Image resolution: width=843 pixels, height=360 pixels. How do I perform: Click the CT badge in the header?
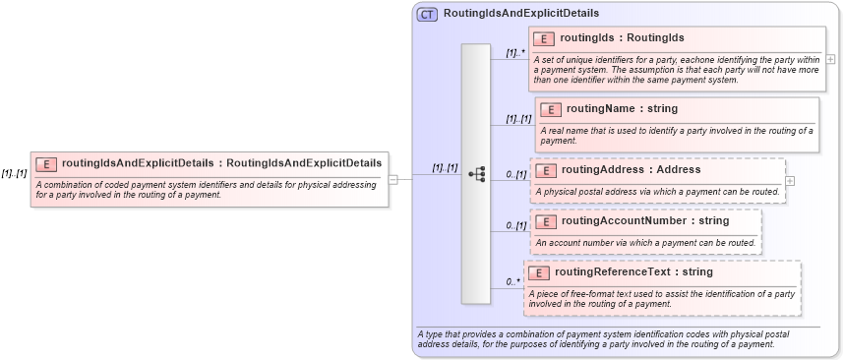pyautogui.click(x=427, y=14)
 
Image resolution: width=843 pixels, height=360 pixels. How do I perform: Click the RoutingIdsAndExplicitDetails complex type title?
pyautogui.click(x=520, y=14)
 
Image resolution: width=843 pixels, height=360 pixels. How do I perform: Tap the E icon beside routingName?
pyautogui.click(x=550, y=109)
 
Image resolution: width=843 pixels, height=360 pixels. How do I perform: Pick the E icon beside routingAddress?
pyautogui.click(x=546, y=170)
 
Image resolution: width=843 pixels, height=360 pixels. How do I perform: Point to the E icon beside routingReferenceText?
pyautogui.click(x=539, y=272)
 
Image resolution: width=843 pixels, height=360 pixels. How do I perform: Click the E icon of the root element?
pyautogui.click(x=46, y=163)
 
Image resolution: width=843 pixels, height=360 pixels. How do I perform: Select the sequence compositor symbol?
pyautogui.click(x=477, y=174)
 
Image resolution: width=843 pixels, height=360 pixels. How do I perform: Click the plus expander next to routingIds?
pyautogui.click(x=831, y=59)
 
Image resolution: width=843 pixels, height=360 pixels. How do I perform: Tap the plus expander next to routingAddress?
pyautogui.click(x=791, y=181)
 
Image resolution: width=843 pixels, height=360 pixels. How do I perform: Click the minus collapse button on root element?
pyautogui.click(x=393, y=180)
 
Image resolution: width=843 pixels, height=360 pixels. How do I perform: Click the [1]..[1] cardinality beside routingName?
pyautogui.click(x=517, y=119)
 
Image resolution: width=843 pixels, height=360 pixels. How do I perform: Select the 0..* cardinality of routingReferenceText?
pyautogui.click(x=512, y=282)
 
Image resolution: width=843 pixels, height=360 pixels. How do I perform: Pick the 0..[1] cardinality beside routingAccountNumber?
pyautogui.click(x=515, y=226)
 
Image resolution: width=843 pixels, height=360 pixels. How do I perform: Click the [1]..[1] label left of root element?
pyautogui.click(x=14, y=173)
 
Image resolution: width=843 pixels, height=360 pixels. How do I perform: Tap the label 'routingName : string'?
pyautogui.click(x=622, y=108)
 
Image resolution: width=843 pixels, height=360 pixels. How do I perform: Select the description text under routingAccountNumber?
pyautogui.click(x=645, y=241)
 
